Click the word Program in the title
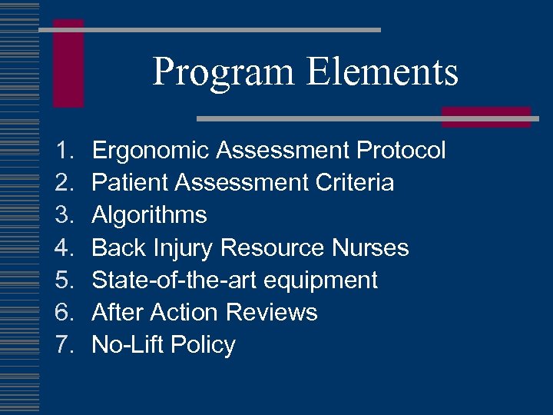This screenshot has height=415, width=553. pyautogui.click(x=224, y=72)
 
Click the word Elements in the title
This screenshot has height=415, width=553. pyautogui.click(x=382, y=72)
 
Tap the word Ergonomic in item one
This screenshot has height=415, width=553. pyautogui.click(x=151, y=151)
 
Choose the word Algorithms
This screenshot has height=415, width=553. pyautogui.click(x=149, y=215)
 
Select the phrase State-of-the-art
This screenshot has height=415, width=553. pyautogui.click(x=174, y=280)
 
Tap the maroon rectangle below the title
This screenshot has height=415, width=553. pyautogui.click(x=486, y=117)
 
